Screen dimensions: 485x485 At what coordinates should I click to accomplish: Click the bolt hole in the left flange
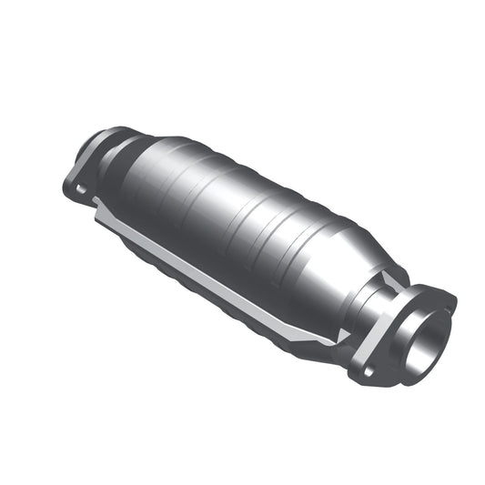click(x=81, y=189)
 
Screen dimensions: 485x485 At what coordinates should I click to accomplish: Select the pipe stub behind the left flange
click(x=94, y=147)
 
